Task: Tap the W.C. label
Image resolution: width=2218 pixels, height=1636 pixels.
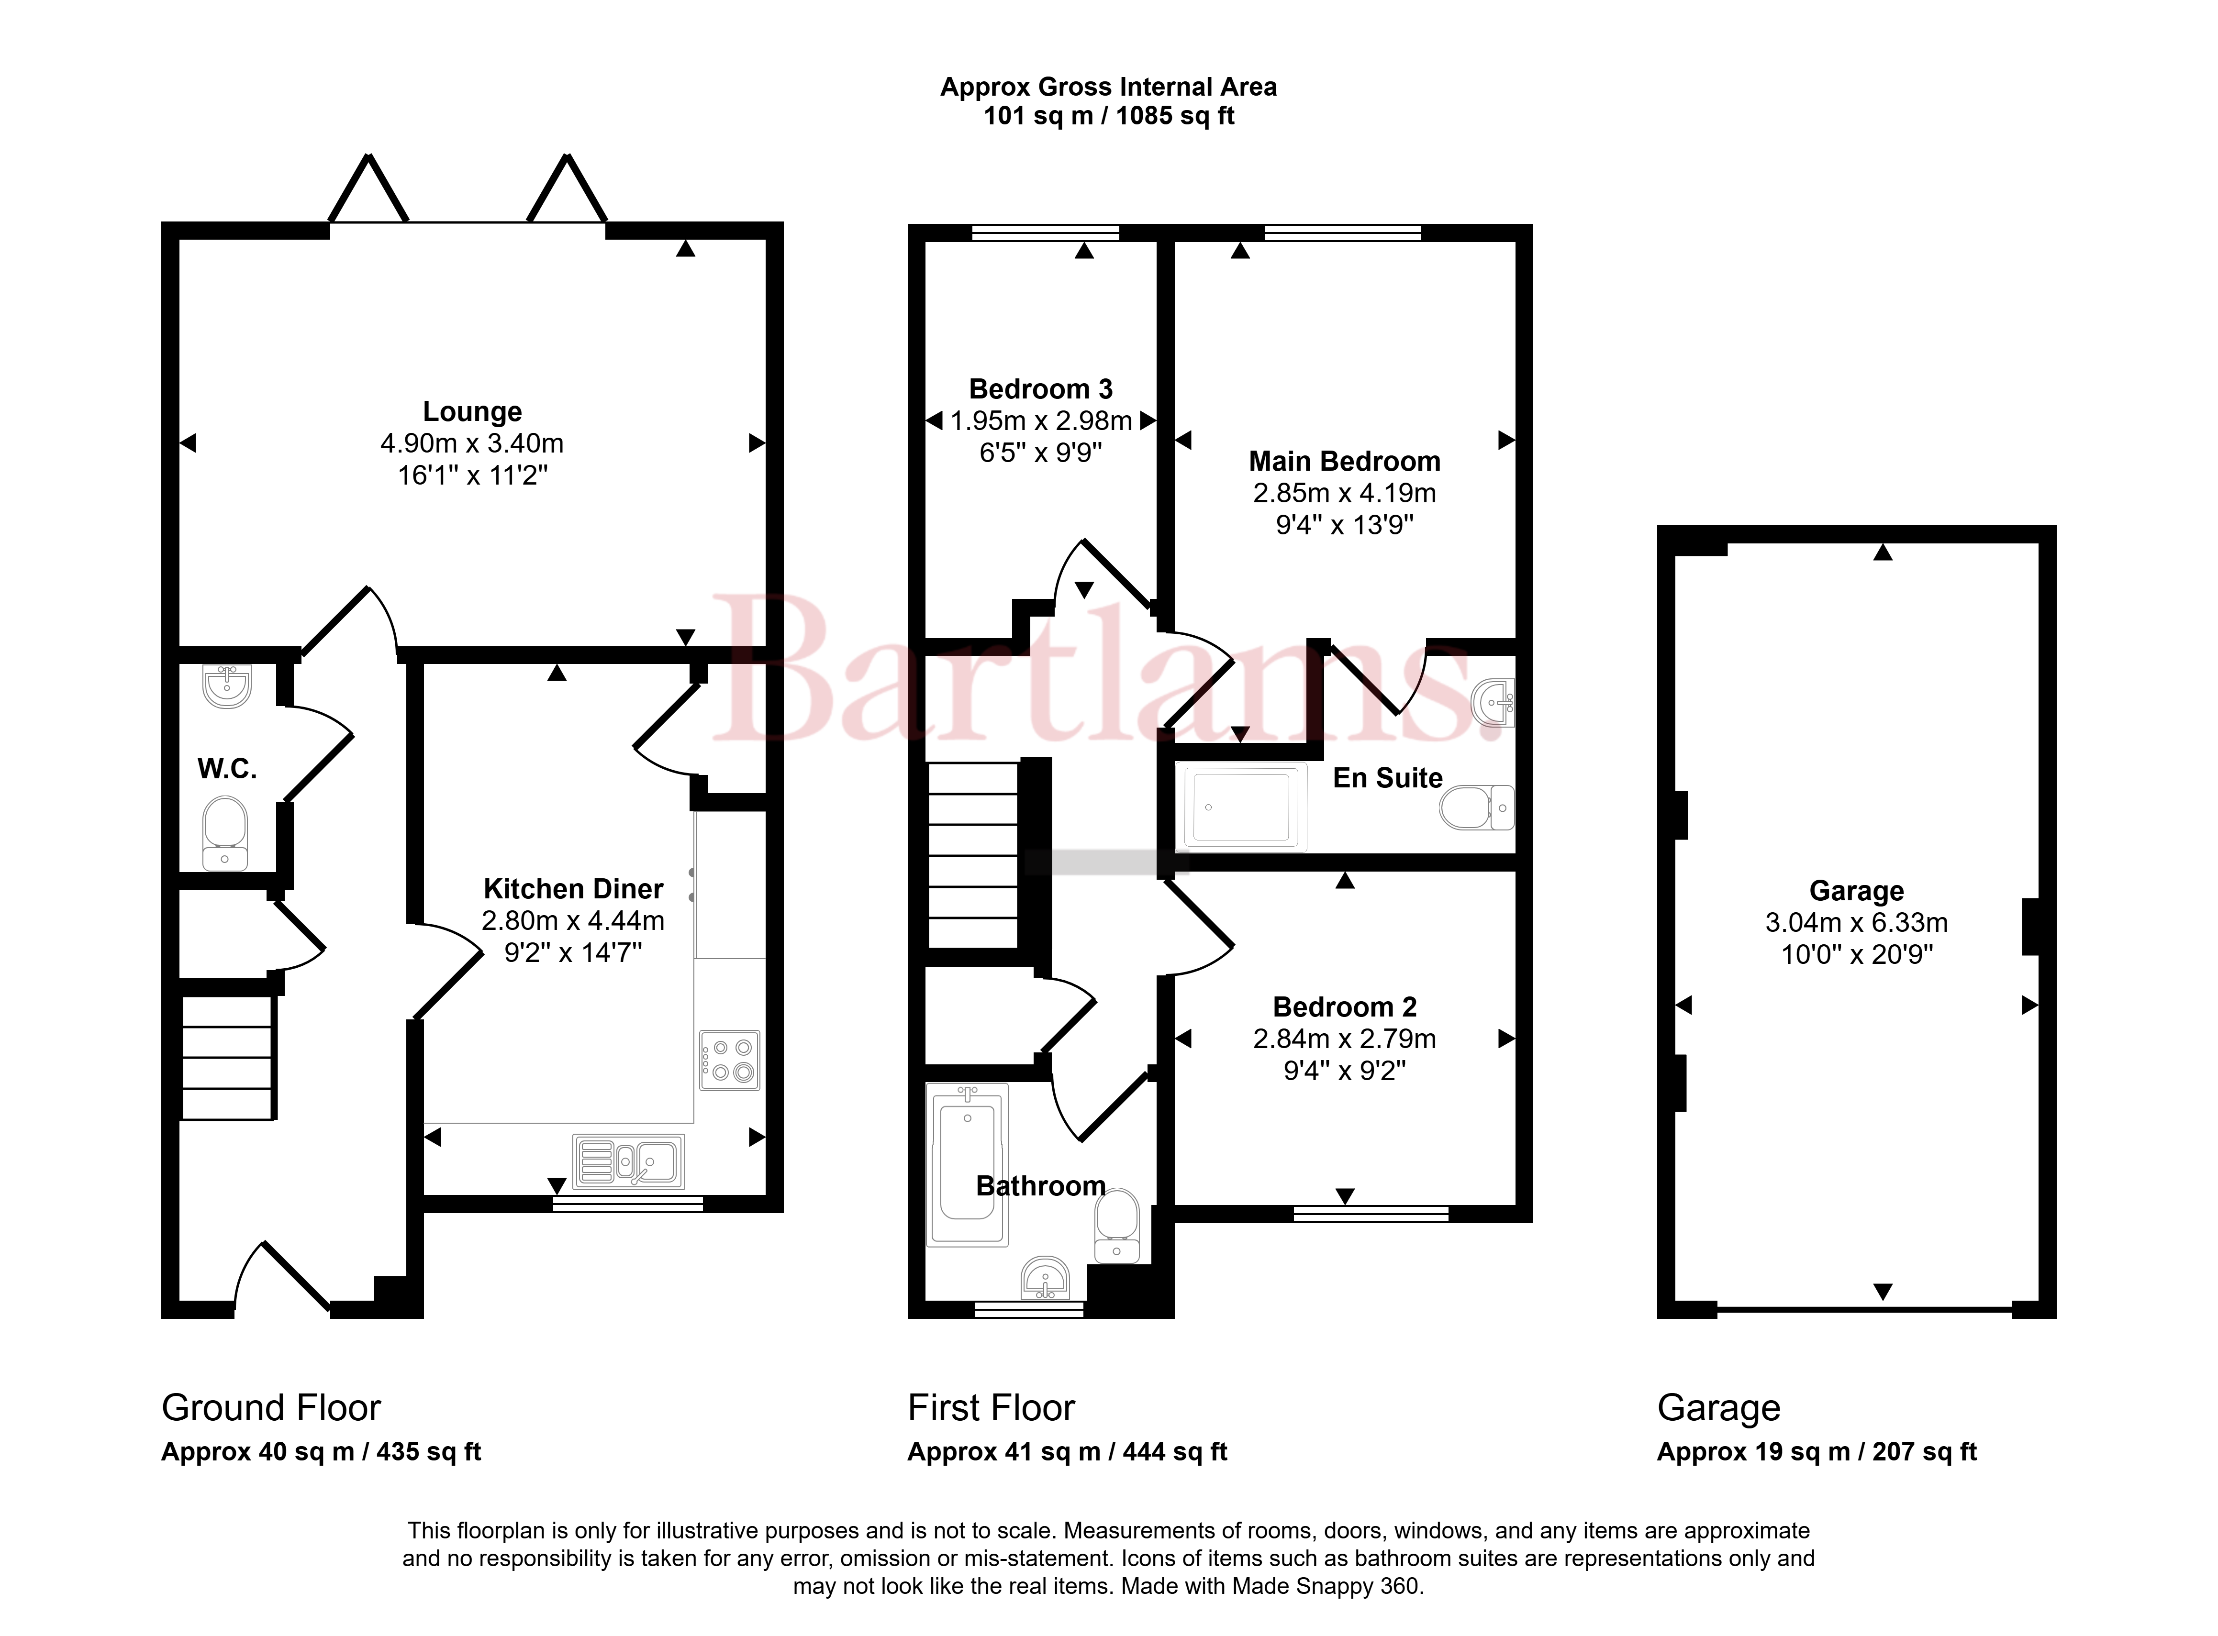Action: click(227, 768)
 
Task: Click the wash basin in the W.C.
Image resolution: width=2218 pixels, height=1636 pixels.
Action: click(227, 685)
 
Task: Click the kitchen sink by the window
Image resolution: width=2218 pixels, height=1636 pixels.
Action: click(628, 1161)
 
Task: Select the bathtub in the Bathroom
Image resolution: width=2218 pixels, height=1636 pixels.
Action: click(967, 1165)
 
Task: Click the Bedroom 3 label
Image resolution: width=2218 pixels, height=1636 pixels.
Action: click(1041, 389)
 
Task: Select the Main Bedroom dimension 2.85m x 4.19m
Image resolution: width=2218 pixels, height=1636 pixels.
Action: click(1344, 493)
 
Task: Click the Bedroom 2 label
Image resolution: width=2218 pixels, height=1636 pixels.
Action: click(1344, 1007)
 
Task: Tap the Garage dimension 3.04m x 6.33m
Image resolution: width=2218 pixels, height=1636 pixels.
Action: click(1856, 923)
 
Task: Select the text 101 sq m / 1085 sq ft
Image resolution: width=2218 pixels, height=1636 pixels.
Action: click(1108, 116)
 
